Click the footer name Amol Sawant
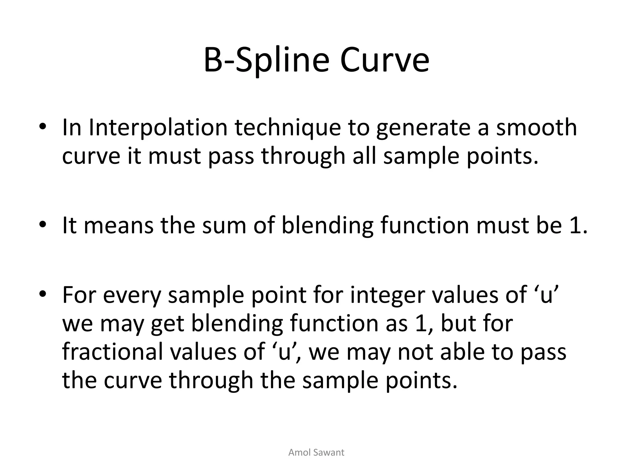[x=316, y=452]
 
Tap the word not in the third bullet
[x=415, y=352]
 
